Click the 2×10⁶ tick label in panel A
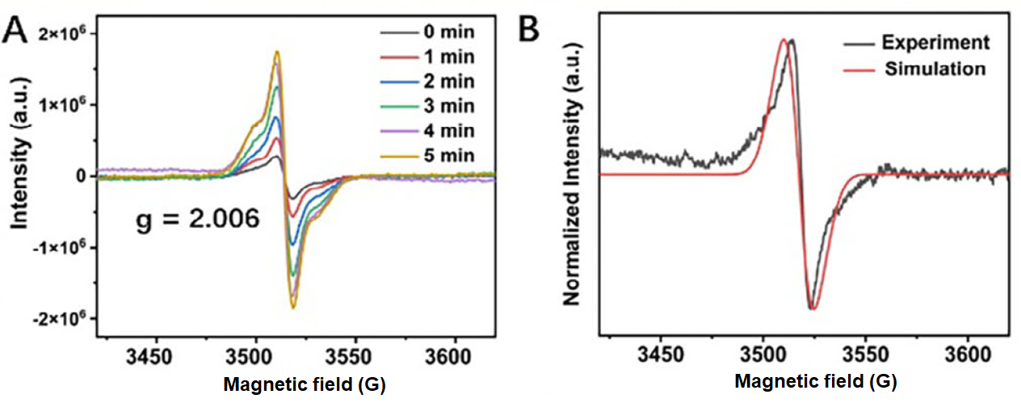(x=62, y=34)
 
